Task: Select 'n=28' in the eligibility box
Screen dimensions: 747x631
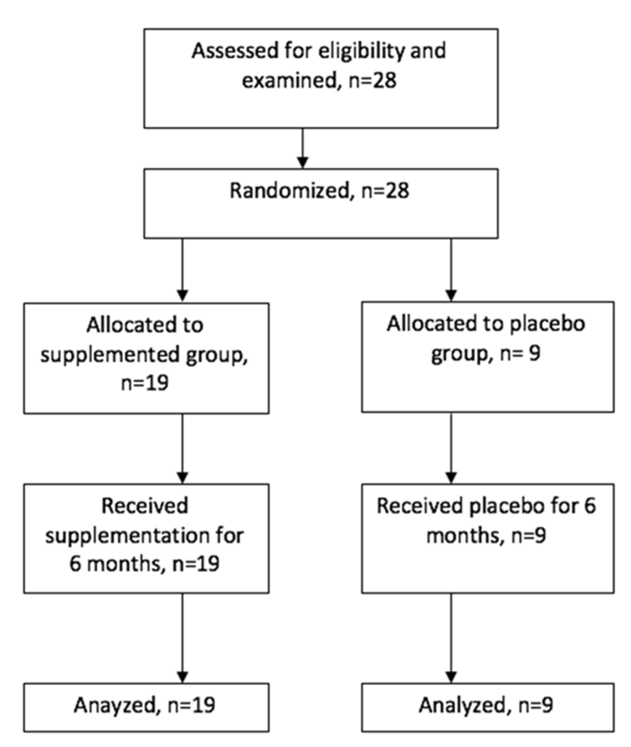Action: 373,81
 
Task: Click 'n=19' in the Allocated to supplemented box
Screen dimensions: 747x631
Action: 145,383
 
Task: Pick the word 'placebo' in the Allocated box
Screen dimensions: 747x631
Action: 547,324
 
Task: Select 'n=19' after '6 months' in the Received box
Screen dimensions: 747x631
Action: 196,564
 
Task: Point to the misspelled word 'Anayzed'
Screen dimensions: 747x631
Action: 114,705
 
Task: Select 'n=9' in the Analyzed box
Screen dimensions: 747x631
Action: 536,705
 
